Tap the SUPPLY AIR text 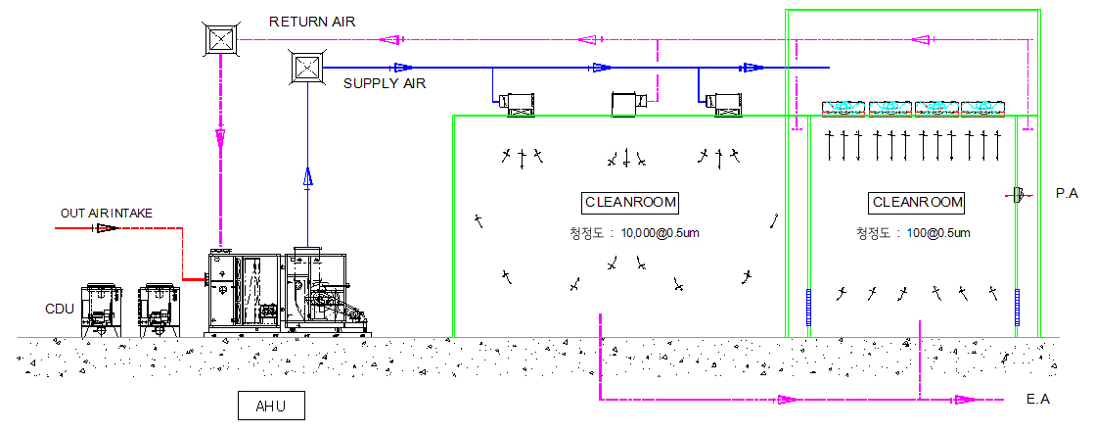(385, 84)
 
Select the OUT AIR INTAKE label (107, 213)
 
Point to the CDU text (61, 309)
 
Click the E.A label (1038, 400)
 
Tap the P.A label (1067, 195)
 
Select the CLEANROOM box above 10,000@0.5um (630, 203)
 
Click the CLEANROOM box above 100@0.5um (917, 203)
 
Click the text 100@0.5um (939, 233)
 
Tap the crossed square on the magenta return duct (221, 39)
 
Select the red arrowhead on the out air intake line (106, 228)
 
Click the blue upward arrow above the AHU (307, 177)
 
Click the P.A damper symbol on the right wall (1018, 195)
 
